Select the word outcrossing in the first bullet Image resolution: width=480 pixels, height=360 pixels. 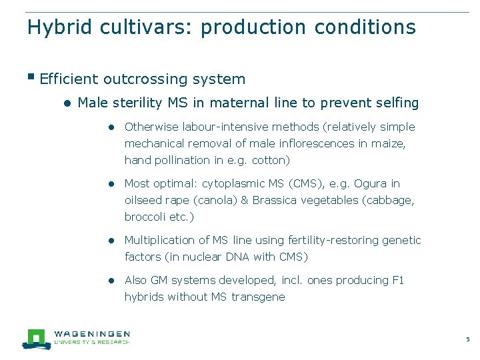tap(145, 79)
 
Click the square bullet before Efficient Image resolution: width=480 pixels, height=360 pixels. tap(31, 77)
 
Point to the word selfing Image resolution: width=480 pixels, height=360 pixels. tap(397, 103)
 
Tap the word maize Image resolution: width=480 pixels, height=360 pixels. tap(389, 143)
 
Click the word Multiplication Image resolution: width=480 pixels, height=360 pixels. tap(159, 240)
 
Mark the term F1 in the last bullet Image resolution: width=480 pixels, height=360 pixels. tap(397, 280)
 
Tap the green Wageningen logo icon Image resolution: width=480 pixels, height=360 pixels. tap(35, 339)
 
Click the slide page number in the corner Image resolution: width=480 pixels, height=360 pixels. tap(467, 339)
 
